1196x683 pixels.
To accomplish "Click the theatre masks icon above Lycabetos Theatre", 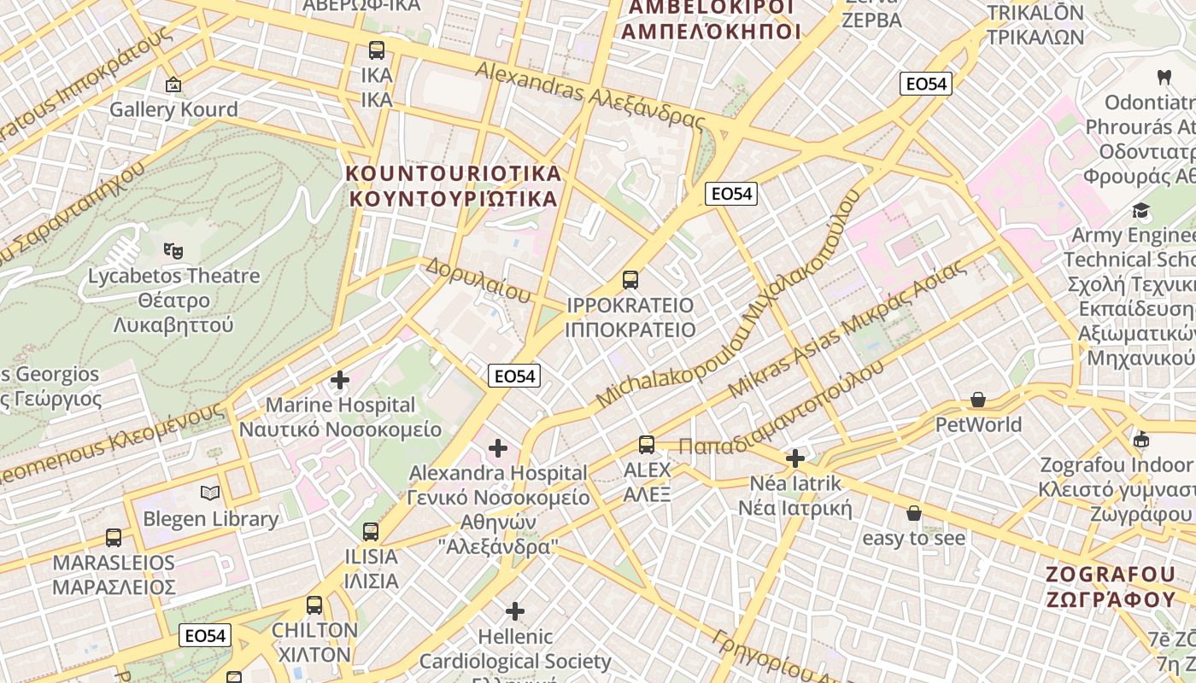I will tap(173, 250).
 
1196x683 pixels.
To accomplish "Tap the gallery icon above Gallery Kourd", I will tap(173, 84).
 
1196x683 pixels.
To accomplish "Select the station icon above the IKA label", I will tap(376, 50).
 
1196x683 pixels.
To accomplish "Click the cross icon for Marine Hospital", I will tap(340, 380).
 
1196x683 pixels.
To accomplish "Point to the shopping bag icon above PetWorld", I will tap(978, 400).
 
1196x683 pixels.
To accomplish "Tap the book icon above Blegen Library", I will tap(210, 493).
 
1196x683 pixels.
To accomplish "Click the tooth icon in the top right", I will tap(1163, 77).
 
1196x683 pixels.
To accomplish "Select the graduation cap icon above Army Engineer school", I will tap(1140, 210).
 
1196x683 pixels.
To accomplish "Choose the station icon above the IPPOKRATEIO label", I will tap(630, 279).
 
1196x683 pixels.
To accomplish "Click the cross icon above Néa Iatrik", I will tap(795, 458).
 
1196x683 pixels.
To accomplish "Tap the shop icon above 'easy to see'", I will tap(913, 513).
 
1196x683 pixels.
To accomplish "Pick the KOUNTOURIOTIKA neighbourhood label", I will tap(453, 186).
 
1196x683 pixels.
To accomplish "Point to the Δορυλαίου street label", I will tap(478, 280).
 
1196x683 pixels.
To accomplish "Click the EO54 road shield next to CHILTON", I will tap(205, 635).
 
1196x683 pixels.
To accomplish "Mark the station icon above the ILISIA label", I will tap(370, 531).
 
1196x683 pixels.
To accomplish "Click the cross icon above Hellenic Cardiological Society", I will tap(514, 610).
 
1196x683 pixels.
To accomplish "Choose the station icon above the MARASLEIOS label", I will tap(114, 538).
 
